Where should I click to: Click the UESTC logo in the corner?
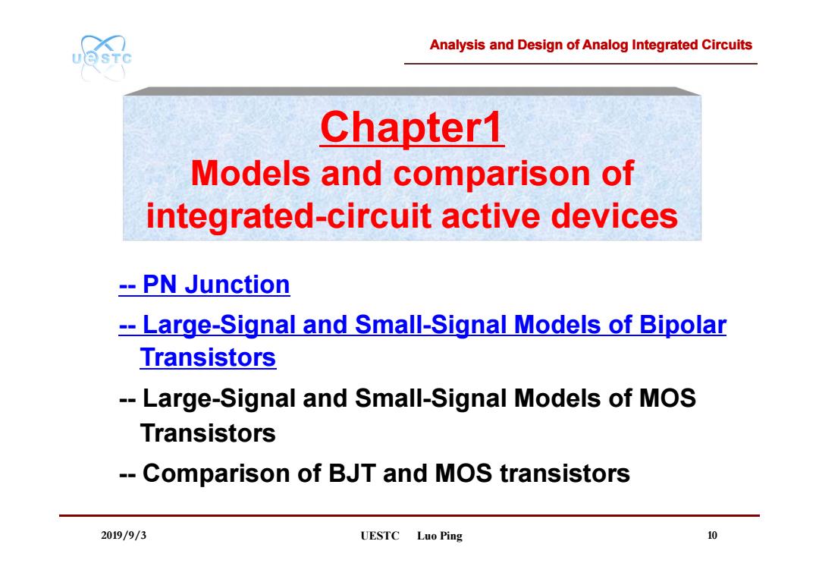tap(102, 58)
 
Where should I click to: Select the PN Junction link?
tap(204, 285)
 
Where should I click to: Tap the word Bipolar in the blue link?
tap(682, 325)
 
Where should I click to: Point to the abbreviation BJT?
tap(352, 474)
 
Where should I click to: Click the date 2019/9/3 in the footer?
tap(124, 535)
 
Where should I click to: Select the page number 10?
tap(712, 535)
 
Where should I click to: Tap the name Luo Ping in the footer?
tap(440, 537)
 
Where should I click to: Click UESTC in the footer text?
tap(380, 536)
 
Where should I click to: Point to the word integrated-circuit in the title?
tap(288, 216)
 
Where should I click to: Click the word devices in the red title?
tap(614, 216)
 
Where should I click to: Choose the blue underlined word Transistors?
tap(208, 357)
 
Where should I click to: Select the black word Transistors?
tap(208, 433)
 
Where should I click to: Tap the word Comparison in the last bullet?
tap(231, 474)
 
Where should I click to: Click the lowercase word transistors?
tap(565, 474)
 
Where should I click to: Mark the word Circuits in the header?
tap(726, 45)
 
